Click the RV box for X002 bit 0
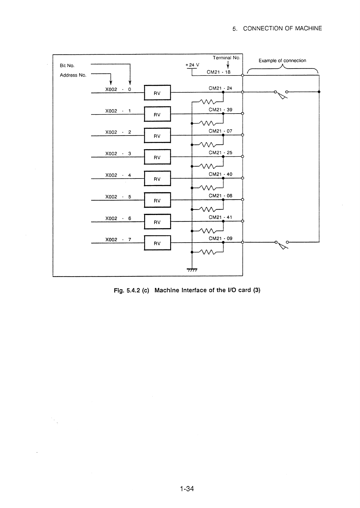(157, 92)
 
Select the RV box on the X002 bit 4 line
(157, 178)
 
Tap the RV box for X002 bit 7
(157, 243)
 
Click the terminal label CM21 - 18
(218, 72)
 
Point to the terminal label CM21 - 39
(220, 110)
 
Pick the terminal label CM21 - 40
(220, 174)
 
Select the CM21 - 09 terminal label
(220, 238)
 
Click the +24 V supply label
(192, 65)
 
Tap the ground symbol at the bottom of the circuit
(192, 270)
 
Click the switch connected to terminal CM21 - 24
(281, 94)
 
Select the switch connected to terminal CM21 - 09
(282, 245)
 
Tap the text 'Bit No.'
(67, 66)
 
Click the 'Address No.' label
(73, 75)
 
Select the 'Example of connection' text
(282, 60)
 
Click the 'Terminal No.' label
(226, 58)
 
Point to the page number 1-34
(187, 488)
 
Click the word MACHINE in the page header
(309, 28)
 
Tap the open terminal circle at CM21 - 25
(242, 156)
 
